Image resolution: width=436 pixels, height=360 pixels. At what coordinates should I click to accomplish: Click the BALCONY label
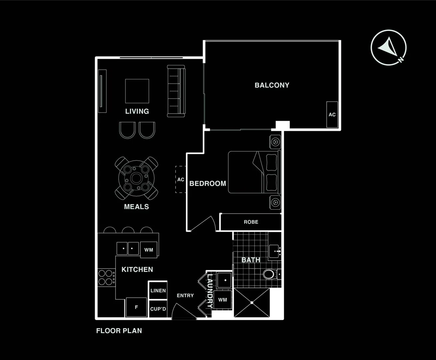point(272,85)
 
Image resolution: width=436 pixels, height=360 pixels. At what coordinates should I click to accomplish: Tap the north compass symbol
point(388,48)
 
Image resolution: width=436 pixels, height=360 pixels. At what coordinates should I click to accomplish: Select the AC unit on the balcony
point(332,114)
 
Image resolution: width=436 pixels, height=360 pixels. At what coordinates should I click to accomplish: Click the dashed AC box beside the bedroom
point(181,179)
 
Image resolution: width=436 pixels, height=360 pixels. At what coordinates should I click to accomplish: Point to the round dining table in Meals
point(136,178)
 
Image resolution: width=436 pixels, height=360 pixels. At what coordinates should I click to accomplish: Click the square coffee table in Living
point(137,91)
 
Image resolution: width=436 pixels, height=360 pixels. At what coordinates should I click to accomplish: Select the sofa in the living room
point(176,91)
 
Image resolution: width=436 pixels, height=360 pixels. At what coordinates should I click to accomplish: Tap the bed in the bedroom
point(254,172)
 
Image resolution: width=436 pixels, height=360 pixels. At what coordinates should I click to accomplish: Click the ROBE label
point(251,222)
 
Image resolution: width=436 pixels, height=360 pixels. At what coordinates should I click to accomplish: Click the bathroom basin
point(275,251)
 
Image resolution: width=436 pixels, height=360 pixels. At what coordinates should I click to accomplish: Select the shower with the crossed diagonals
point(252,303)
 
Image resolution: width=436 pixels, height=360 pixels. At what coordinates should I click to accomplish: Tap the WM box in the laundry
point(223,300)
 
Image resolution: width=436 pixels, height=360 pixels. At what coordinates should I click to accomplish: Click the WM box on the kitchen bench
point(149,250)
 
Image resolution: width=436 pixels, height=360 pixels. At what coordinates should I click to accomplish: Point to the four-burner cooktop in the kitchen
point(106,278)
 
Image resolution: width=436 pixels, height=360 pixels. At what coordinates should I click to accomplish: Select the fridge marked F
point(136,307)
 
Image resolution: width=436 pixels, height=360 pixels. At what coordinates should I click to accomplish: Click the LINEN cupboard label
point(158,290)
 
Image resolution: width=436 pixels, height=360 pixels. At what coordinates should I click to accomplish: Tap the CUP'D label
point(158,309)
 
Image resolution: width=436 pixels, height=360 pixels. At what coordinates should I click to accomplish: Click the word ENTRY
point(185,295)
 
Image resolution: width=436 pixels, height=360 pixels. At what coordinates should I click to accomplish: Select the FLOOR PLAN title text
point(119,331)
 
